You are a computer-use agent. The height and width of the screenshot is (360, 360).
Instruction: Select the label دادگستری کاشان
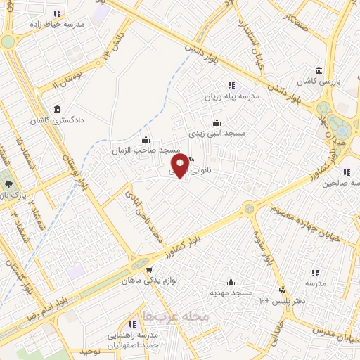pyautogui.click(x=57, y=120)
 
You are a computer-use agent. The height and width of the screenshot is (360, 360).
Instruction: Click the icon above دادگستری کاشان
pyautogui.click(x=56, y=110)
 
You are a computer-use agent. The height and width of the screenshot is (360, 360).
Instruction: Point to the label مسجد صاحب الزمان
pyautogui.click(x=146, y=150)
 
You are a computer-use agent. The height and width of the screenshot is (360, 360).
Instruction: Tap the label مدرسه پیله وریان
pyautogui.click(x=232, y=96)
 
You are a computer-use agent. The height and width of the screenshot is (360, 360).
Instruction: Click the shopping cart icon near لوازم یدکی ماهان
pyautogui.click(x=148, y=269)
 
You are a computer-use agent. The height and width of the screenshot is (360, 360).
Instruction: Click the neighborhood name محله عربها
pyautogui.click(x=176, y=316)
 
